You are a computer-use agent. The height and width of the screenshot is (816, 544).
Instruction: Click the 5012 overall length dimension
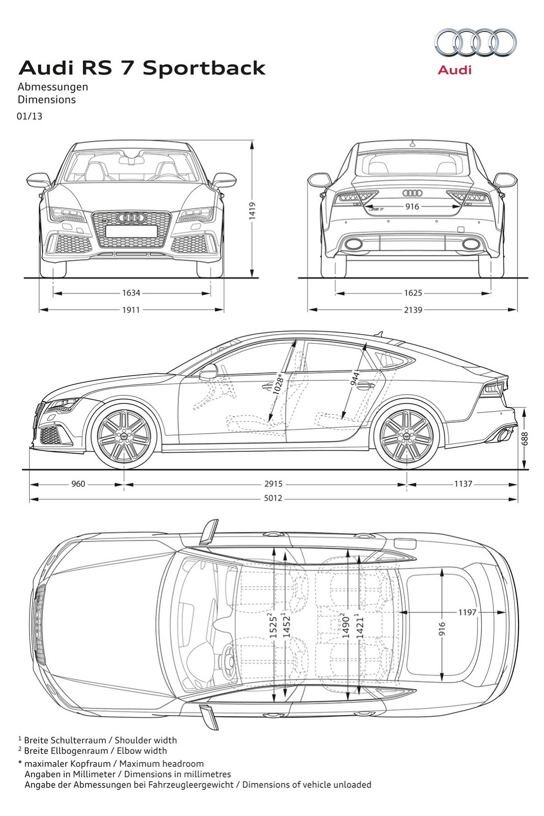pyautogui.click(x=273, y=498)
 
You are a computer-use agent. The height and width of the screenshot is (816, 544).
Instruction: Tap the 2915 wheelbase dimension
pyautogui.click(x=273, y=484)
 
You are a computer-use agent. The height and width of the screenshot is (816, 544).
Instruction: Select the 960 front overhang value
pyautogui.click(x=78, y=484)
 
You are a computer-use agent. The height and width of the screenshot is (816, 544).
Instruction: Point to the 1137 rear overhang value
pyautogui.click(x=463, y=484)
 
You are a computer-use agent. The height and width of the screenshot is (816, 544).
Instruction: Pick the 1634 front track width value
pyautogui.click(x=131, y=293)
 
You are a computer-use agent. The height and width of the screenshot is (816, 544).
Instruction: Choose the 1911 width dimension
pyautogui.click(x=131, y=310)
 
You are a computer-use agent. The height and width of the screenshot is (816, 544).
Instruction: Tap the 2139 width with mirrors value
pyautogui.click(x=413, y=310)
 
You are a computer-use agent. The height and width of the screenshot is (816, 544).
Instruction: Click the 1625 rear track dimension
pyautogui.click(x=413, y=293)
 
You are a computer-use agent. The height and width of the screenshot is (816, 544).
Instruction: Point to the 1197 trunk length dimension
pyautogui.click(x=467, y=611)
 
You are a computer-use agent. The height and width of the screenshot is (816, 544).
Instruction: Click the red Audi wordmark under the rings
pyautogui.click(x=455, y=70)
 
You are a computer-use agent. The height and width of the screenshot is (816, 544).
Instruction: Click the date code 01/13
pyautogui.click(x=30, y=116)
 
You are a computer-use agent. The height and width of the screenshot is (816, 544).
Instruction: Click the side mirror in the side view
pyautogui.click(x=208, y=373)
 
